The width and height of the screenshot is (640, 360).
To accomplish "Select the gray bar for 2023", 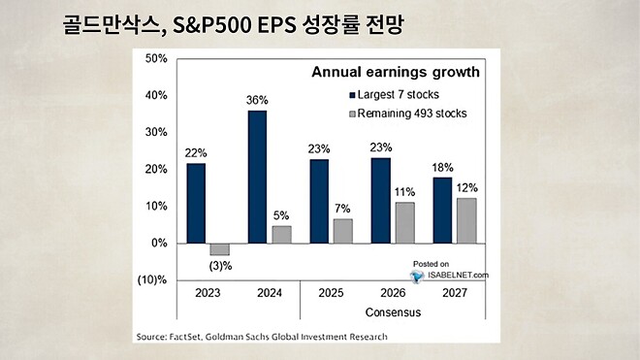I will click(220, 249).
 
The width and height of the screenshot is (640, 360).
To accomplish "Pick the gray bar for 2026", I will click(404, 222).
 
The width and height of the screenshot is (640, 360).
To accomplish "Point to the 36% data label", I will click(258, 99).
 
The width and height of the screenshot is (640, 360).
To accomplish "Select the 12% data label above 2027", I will click(466, 187).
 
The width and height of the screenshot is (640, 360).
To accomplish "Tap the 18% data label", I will click(441, 166).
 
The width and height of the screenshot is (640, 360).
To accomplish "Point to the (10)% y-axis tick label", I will click(153, 280).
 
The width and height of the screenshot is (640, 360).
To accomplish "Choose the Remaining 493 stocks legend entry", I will click(412, 114).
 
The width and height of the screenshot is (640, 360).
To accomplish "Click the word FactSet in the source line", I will click(187, 337).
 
